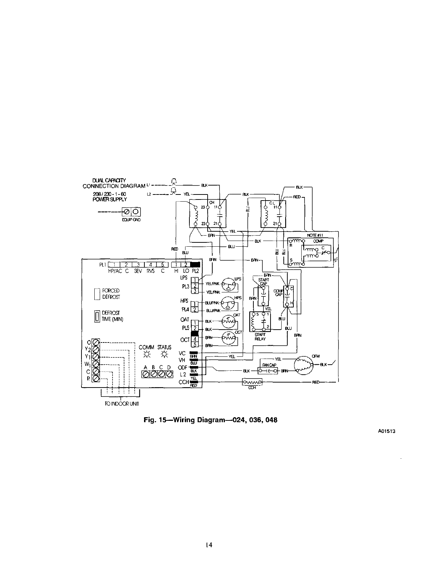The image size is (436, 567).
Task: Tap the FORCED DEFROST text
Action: pyautogui.click(x=110, y=294)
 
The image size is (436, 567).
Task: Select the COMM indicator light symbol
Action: pyautogui.click(x=147, y=355)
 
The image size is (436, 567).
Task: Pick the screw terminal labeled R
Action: pyautogui.click(x=96, y=379)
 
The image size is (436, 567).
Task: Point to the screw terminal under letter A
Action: pyautogui.click(x=145, y=374)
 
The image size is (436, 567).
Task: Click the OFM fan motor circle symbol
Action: pyautogui.click(x=302, y=365)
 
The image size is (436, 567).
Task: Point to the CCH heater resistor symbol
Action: pyautogui.click(x=252, y=383)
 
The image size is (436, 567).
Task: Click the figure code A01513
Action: pyautogui.click(x=386, y=431)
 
